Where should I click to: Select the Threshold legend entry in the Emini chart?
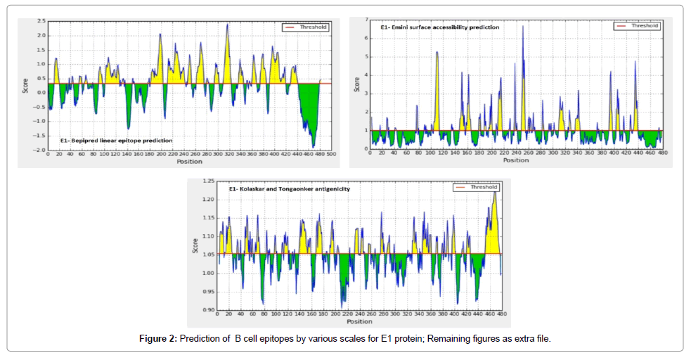[637, 25]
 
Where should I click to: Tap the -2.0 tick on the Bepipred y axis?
[40, 150]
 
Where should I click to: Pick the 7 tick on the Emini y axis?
[366, 19]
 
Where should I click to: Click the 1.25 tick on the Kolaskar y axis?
[207, 181]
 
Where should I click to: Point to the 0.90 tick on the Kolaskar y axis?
[207, 309]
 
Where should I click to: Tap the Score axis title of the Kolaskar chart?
[195, 245]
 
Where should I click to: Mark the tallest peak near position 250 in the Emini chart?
[522, 27]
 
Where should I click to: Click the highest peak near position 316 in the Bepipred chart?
[227, 25]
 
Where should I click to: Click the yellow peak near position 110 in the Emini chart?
[437, 53]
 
